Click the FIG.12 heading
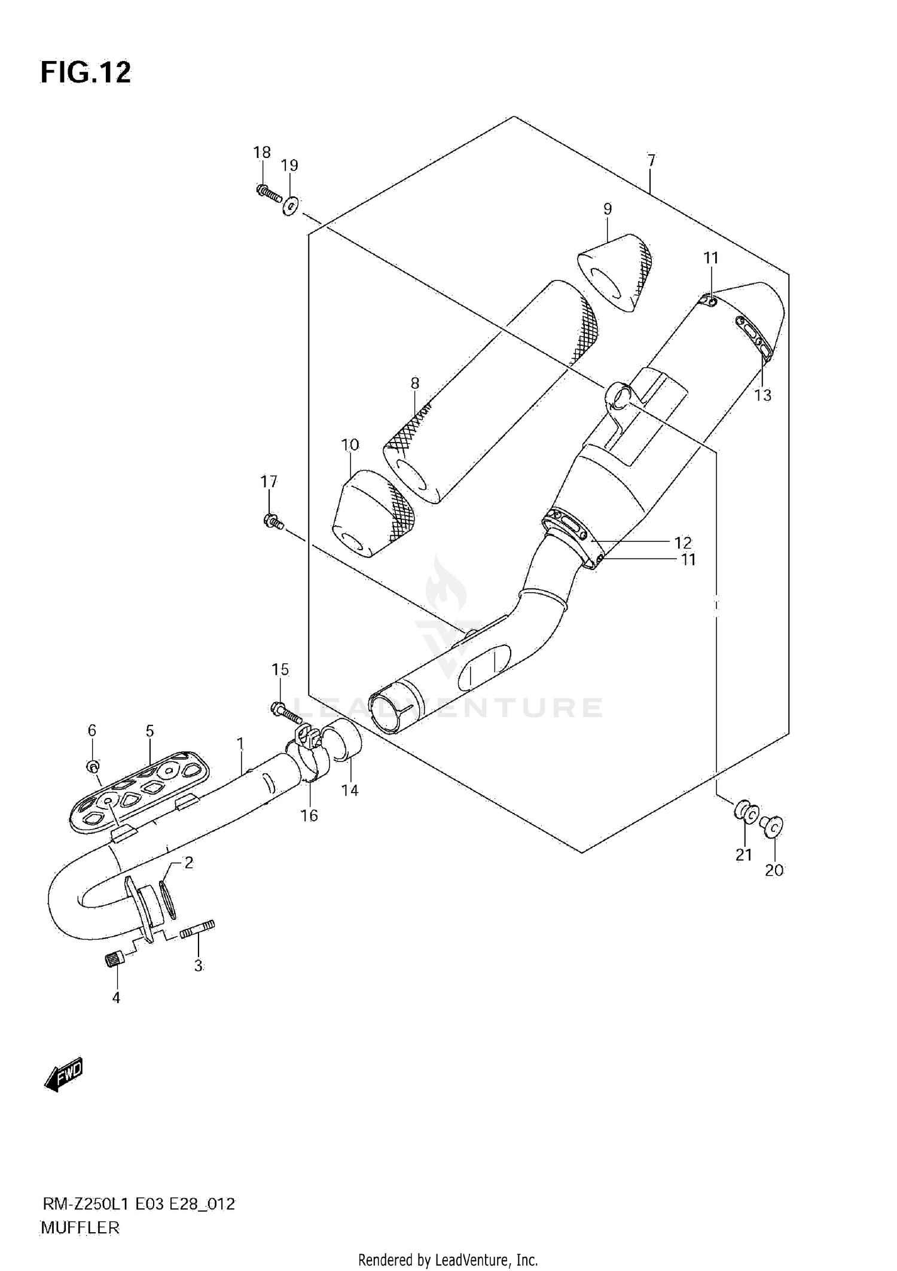[x=86, y=72]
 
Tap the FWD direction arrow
[x=63, y=1077]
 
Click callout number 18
[x=262, y=153]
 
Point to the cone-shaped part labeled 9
[x=615, y=273]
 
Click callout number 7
[x=651, y=160]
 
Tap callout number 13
[x=763, y=395]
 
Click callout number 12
[x=682, y=542]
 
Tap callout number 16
[x=309, y=816]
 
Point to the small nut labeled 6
[x=93, y=766]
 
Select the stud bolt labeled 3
[x=197, y=930]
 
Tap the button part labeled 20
[x=773, y=828]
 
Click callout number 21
[x=743, y=855]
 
